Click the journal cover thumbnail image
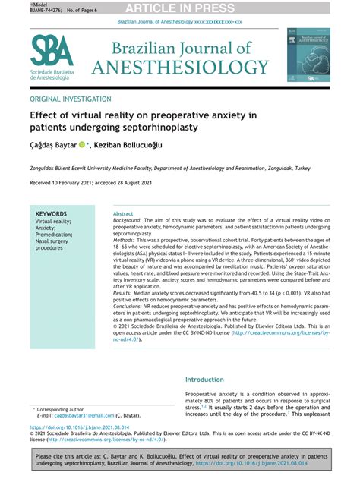pos(308,55)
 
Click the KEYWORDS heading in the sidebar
pos(52,214)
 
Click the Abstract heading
pos(122,215)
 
